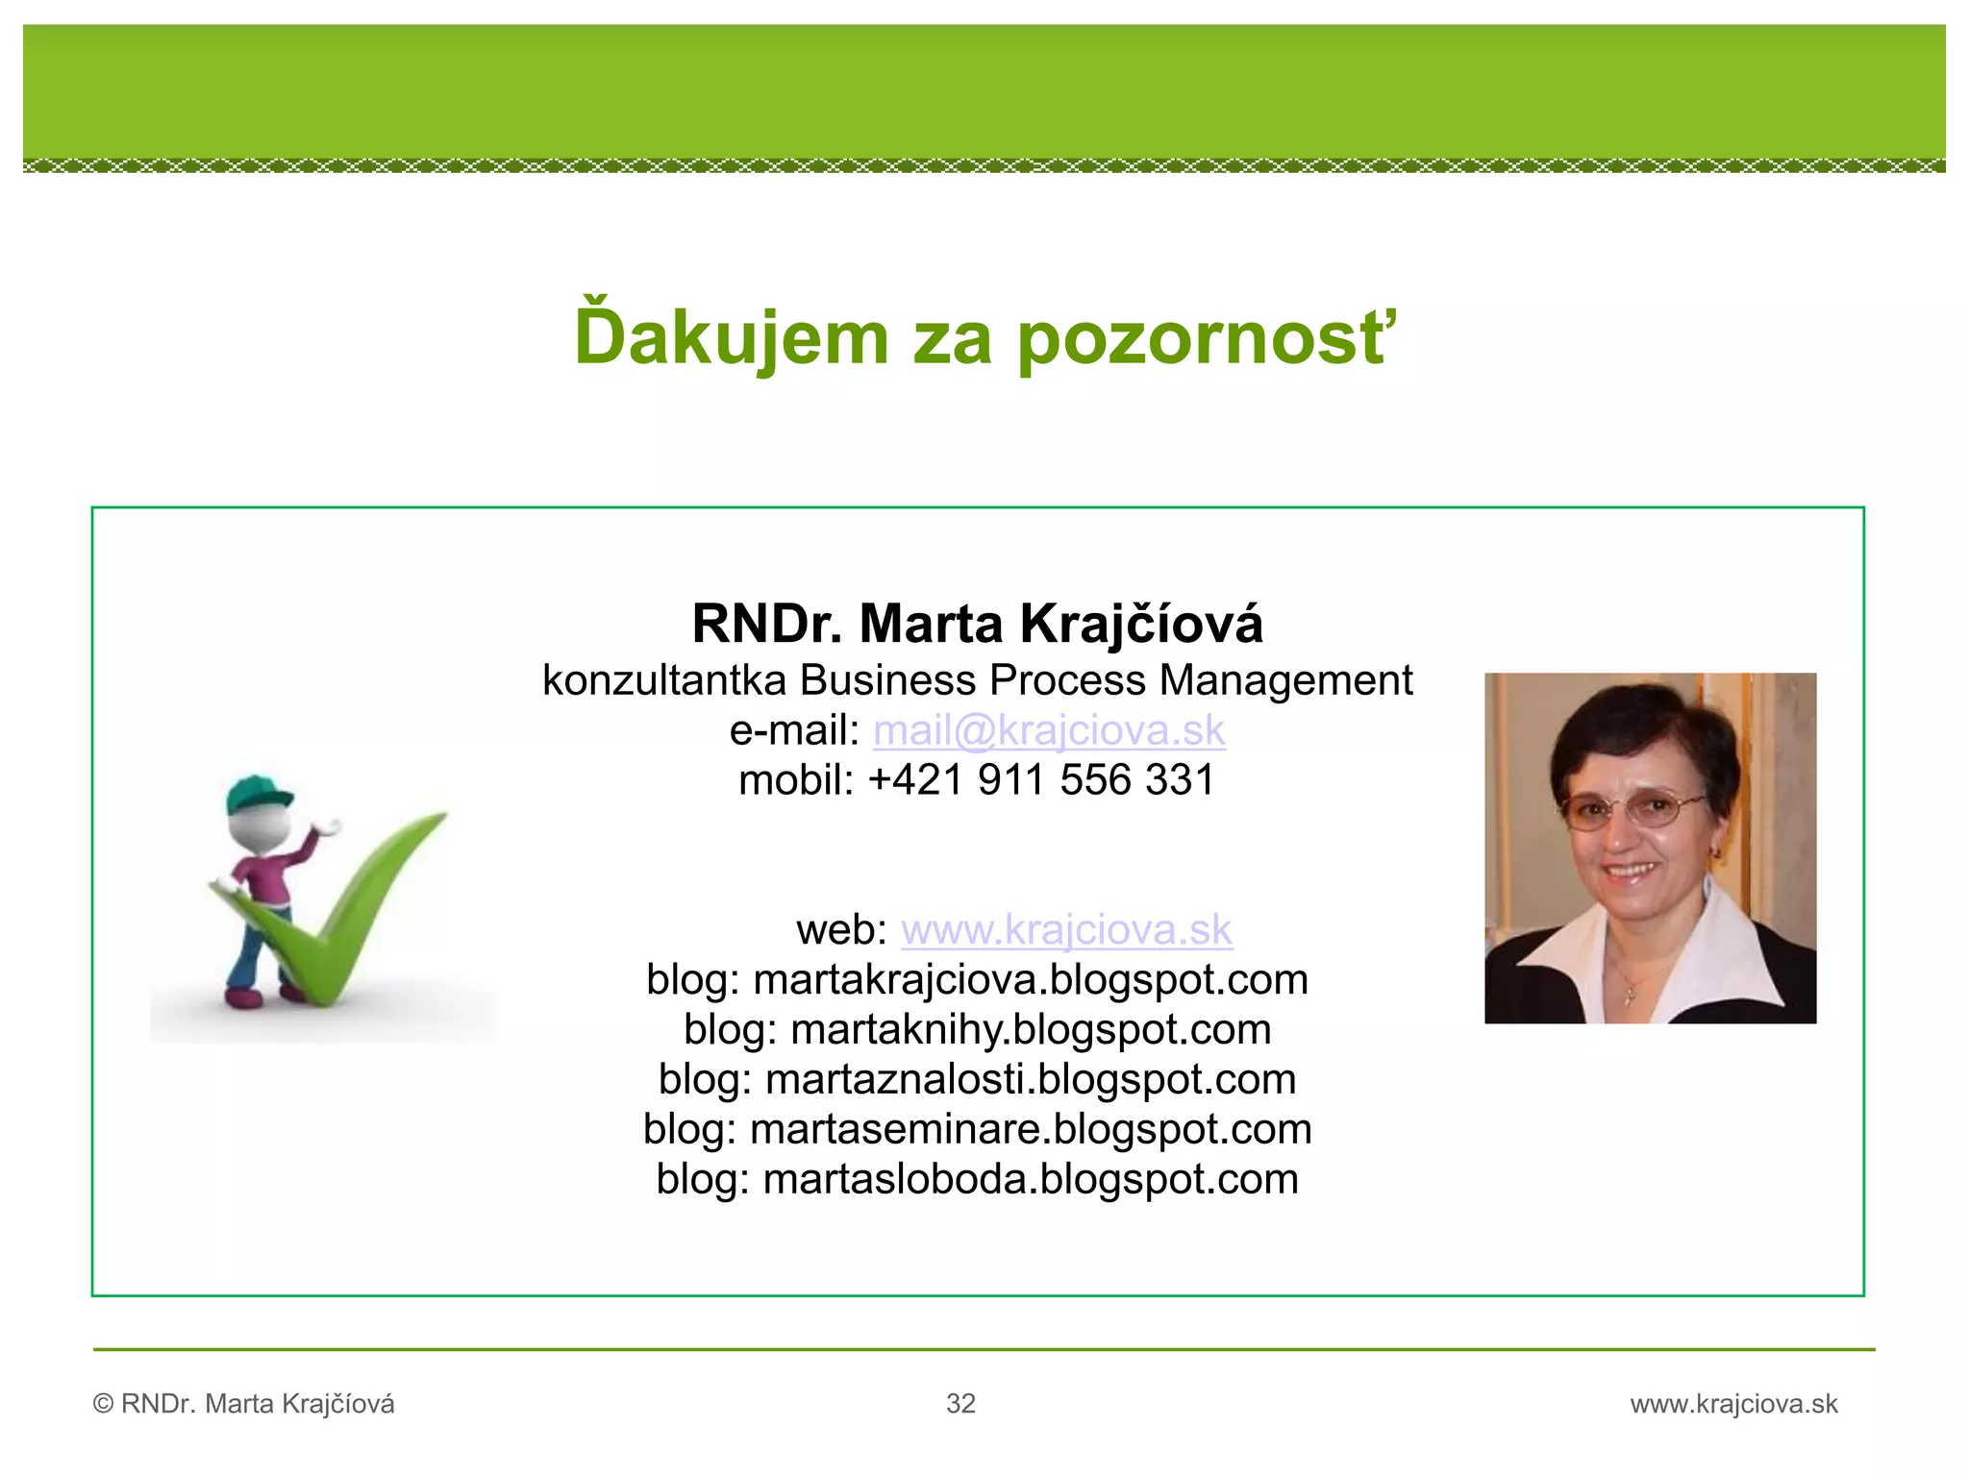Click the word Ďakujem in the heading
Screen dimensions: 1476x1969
[x=731, y=338]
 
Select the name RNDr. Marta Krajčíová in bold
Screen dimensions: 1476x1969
[x=977, y=624]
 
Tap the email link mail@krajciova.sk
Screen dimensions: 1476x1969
[x=1049, y=730]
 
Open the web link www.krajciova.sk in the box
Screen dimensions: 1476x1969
[x=1066, y=929]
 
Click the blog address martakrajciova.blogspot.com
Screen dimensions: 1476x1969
[x=1031, y=980]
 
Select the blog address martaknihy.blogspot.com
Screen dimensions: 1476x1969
[x=1031, y=1030]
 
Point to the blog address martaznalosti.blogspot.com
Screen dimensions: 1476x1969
[x=1031, y=1080]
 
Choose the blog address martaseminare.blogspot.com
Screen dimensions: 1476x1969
[x=1031, y=1130]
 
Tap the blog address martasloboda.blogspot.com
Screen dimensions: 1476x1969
[x=1031, y=1180]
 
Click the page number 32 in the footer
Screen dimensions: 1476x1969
[x=960, y=1404]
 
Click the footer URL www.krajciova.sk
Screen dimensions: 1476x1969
[x=1733, y=1404]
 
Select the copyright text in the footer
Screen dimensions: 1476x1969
[x=244, y=1404]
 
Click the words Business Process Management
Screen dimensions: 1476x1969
[x=1106, y=680]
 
